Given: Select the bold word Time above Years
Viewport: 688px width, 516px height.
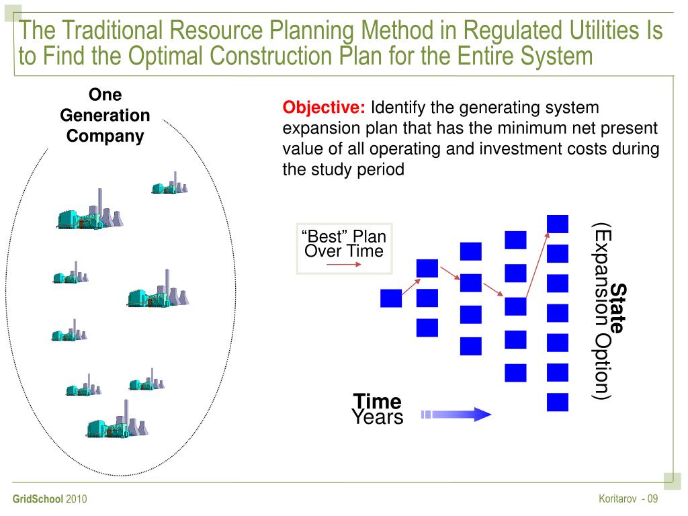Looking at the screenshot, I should [x=377, y=402].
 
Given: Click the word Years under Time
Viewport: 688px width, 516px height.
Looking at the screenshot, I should [x=377, y=417].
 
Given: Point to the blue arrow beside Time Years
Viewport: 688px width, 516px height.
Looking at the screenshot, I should [x=457, y=414].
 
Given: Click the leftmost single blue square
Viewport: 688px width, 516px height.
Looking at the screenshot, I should [x=390, y=298].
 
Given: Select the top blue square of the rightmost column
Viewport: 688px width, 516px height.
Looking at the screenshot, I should [x=558, y=224].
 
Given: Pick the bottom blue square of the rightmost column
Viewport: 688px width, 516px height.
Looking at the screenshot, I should [x=558, y=402].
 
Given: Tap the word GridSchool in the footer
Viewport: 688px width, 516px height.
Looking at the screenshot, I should [x=38, y=499].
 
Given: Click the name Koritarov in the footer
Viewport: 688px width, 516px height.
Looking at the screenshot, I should [x=617, y=499].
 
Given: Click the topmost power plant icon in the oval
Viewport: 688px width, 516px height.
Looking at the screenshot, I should [x=169, y=184].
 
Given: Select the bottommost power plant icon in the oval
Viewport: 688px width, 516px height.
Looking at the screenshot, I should [x=116, y=421].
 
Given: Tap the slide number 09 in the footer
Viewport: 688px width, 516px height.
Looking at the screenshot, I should [x=652, y=499].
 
